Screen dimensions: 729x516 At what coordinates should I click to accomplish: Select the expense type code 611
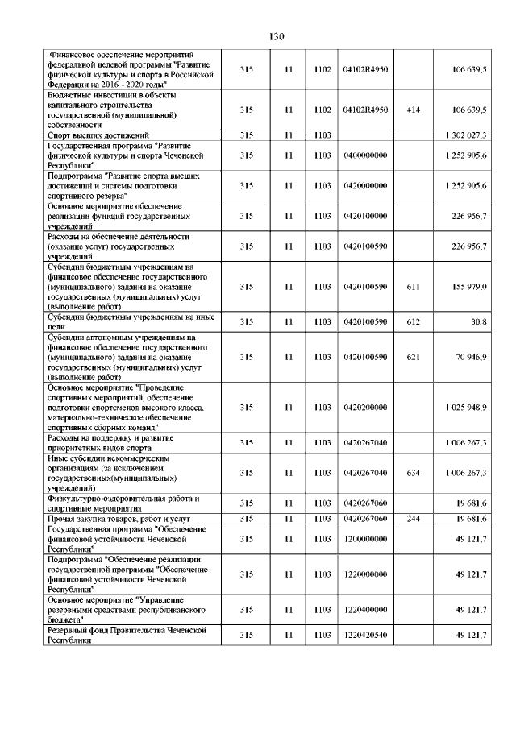(x=414, y=287)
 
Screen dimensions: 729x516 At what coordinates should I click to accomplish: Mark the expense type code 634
(x=414, y=473)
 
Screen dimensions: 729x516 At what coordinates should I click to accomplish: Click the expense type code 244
(x=414, y=518)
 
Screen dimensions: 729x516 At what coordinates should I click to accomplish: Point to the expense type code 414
(x=414, y=110)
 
